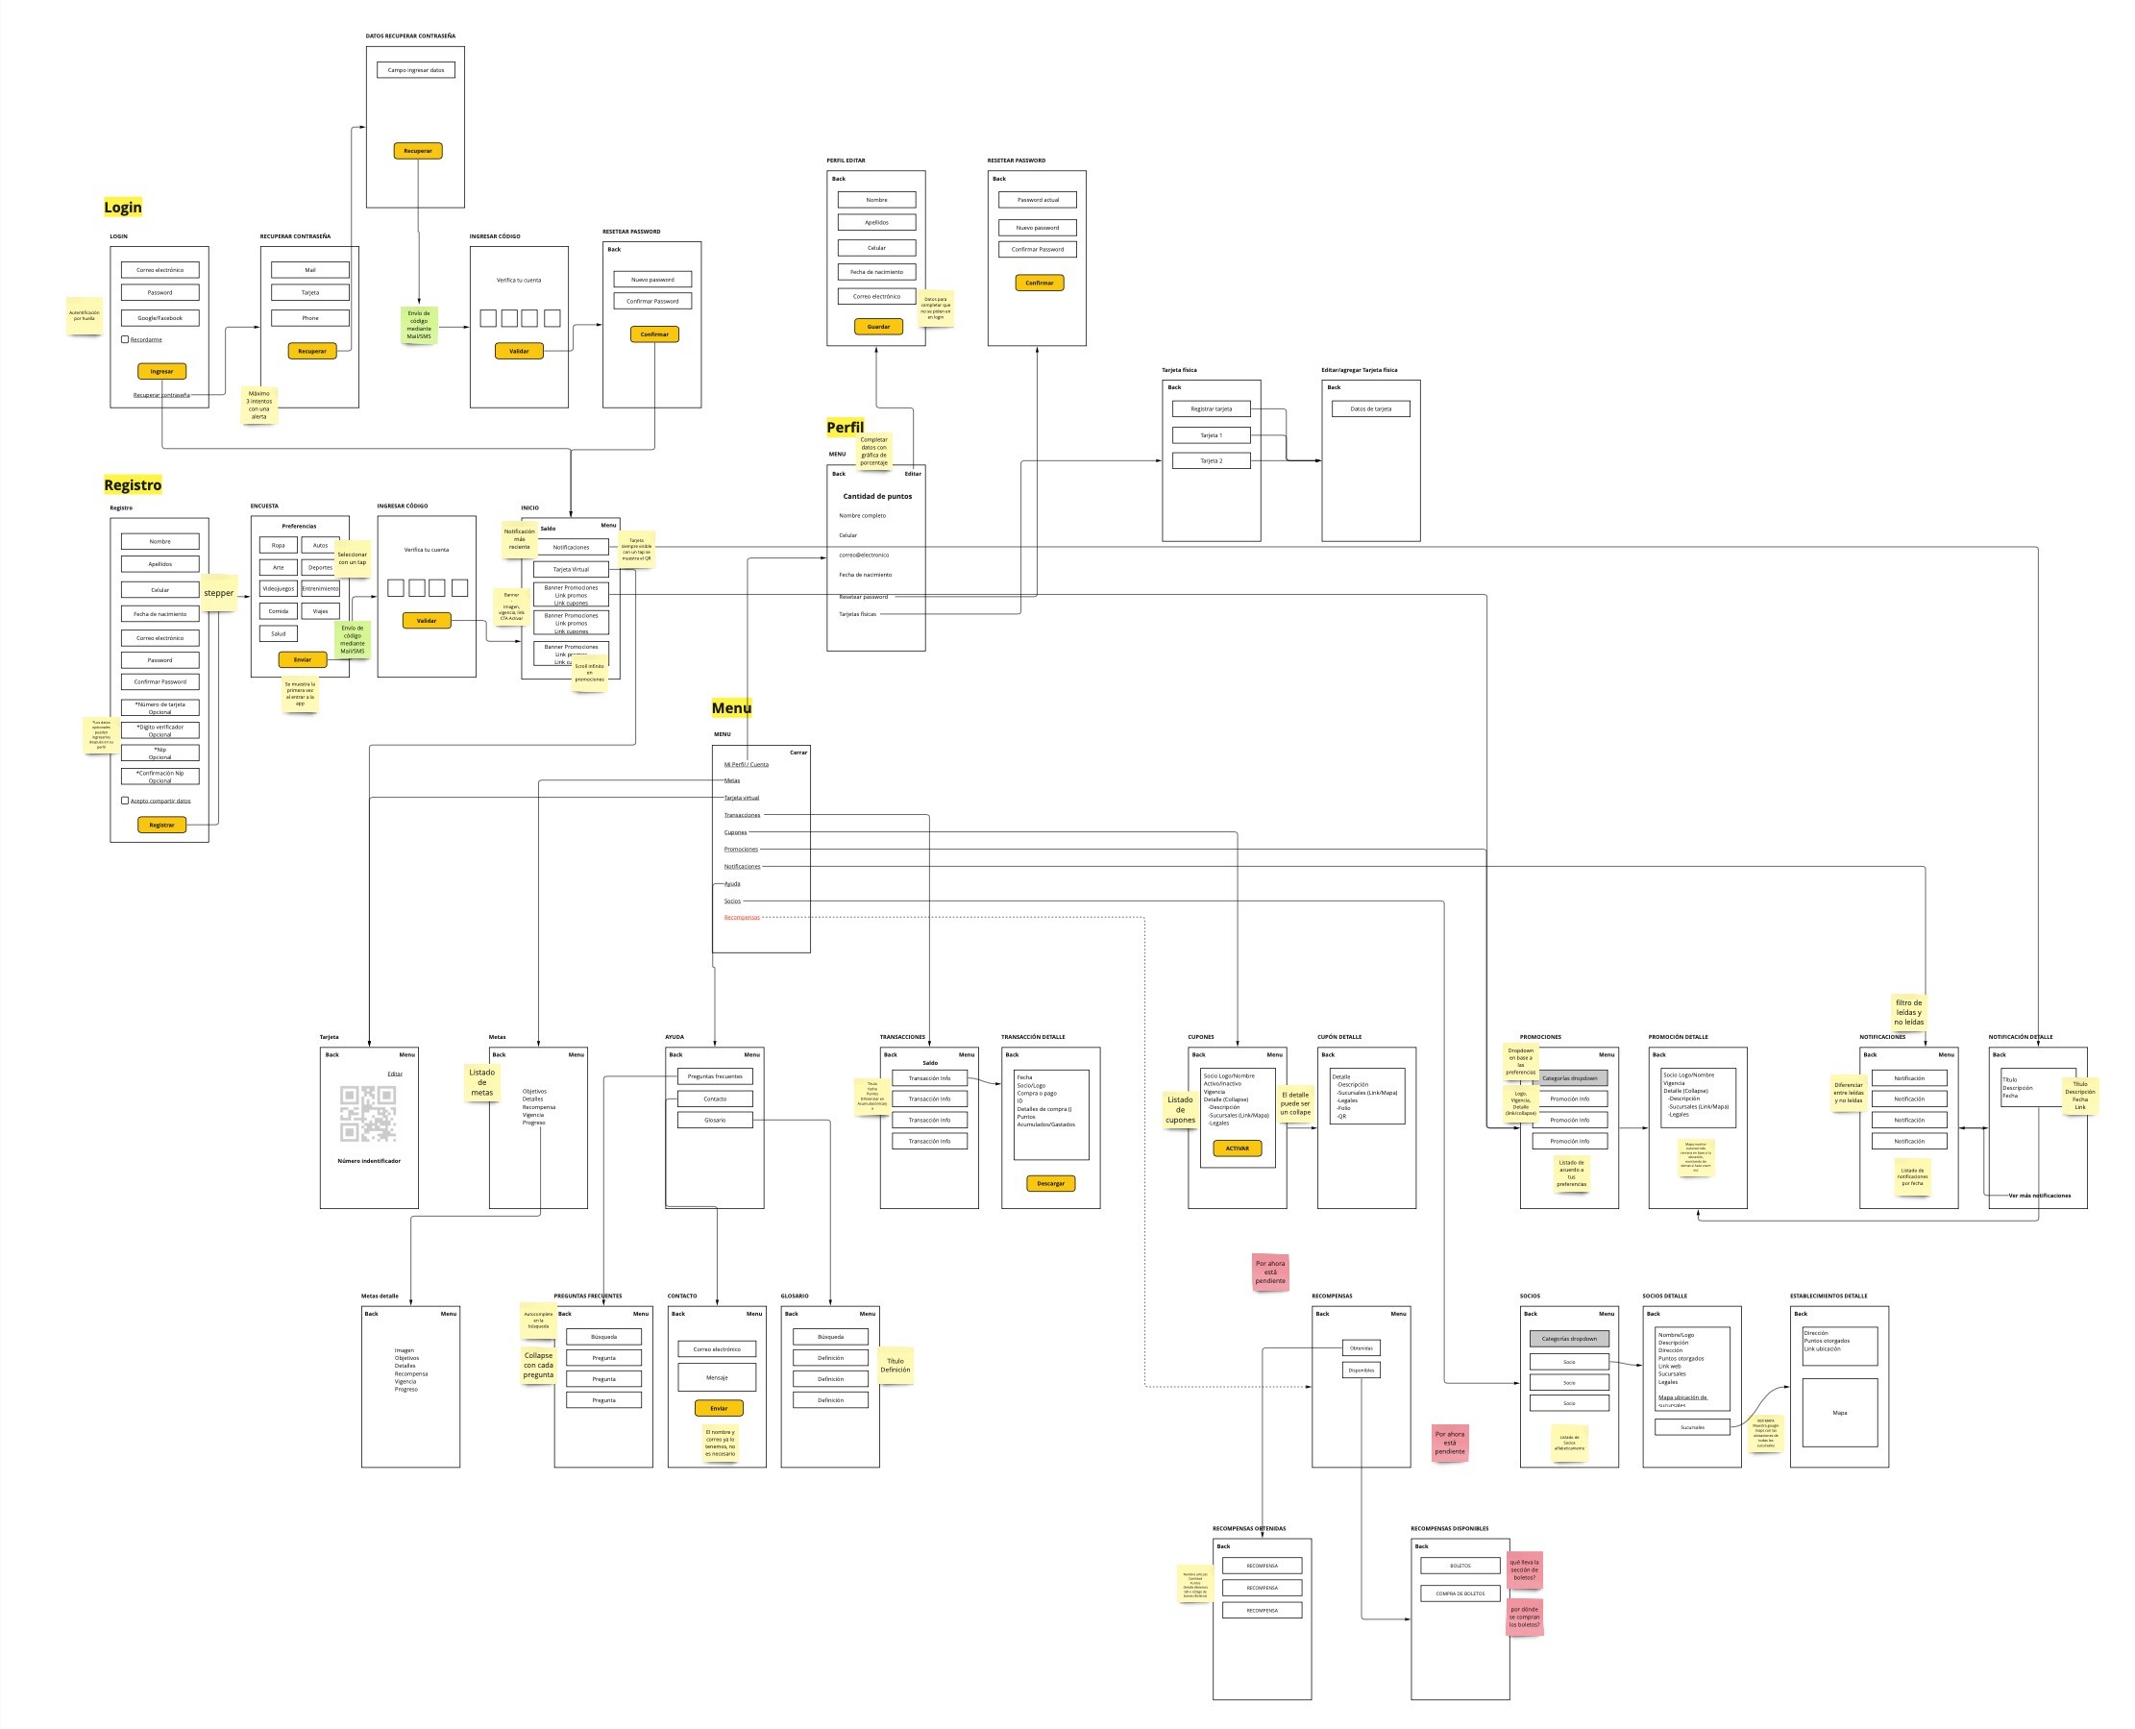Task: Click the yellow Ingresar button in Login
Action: pos(161,372)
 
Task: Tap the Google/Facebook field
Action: pos(160,318)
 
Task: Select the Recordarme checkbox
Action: pos(125,339)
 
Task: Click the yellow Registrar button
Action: pos(161,825)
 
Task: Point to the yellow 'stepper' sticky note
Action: pos(219,593)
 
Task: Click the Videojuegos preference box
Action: pos(278,588)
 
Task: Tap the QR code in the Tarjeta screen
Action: pos(368,1114)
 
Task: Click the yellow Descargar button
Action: pos(1050,1183)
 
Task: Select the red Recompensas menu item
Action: pos(742,917)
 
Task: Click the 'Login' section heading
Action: pos(122,208)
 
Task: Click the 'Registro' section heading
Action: pos(133,485)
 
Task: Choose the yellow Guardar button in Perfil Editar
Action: pos(878,327)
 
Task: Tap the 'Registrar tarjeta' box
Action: pos(1211,408)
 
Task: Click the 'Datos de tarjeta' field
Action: pos(1370,408)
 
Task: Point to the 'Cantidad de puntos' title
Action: pos(877,496)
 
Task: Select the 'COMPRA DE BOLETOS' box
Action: pos(1460,1593)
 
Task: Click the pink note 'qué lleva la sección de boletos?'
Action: pos(1525,1569)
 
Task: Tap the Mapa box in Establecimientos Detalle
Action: pos(1839,1412)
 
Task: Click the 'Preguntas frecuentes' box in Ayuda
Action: pos(715,1076)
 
